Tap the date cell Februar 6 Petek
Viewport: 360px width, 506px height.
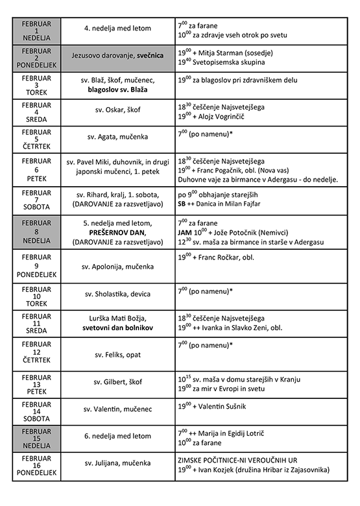36,169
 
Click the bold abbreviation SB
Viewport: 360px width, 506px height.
182,204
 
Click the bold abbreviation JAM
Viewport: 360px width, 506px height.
184,232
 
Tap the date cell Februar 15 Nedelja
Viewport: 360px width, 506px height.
36,439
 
